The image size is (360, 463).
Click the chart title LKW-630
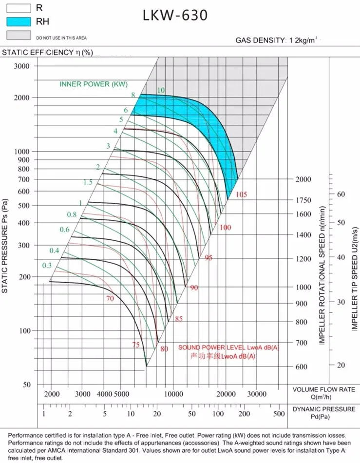click(x=175, y=16)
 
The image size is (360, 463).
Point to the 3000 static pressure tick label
click(x=22, y=66)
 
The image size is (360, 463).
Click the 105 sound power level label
click(x=241, y=195)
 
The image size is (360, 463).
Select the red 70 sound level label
click(x=110, y=299)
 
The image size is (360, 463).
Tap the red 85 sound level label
click(x=179, y=319)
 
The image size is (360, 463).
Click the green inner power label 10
click(x=161, y=90)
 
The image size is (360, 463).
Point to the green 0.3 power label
click(x=47, y=266)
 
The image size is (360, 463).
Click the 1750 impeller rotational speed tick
click(x=303, y=200)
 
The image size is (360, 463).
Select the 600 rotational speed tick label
click(x=302, y=367)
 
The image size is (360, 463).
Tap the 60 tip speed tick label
click(x=341, y=194)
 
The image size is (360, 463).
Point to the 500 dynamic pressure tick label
click(x=279, y=414)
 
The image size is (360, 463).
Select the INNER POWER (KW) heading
click(x=94, y=84)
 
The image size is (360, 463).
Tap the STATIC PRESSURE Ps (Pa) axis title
click(x=5, y=246)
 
